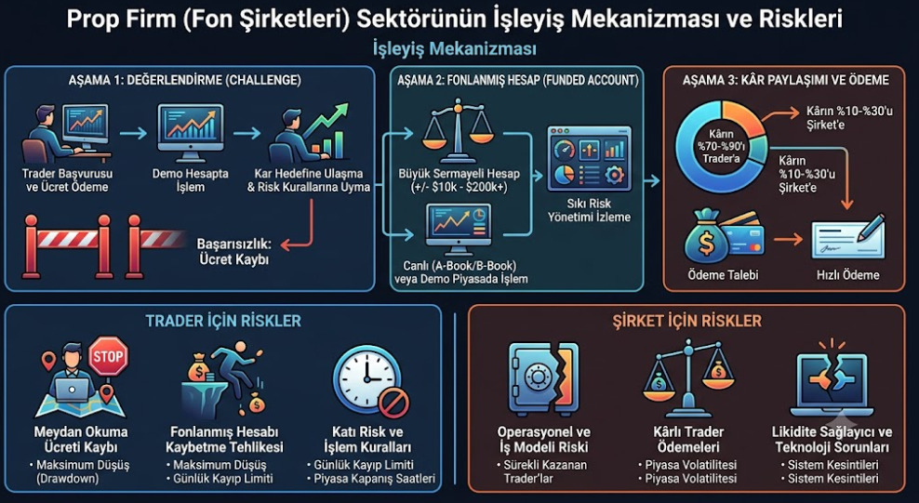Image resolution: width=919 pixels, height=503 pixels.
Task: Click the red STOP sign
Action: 108,356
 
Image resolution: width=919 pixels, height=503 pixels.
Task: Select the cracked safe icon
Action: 543,378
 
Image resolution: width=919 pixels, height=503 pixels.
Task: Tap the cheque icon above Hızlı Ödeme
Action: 848,236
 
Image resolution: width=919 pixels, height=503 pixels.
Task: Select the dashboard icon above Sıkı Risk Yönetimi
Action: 589,159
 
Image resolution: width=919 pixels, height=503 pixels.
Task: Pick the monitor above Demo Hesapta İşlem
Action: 191,133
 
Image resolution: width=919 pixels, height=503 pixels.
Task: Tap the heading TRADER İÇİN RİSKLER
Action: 223,321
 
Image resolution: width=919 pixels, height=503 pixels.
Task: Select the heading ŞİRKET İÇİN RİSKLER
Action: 686,321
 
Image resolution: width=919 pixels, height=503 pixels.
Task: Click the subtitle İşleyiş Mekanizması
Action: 454,48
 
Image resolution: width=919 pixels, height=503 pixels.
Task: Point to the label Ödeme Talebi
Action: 723,274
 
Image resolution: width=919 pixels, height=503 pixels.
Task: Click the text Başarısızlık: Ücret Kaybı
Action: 233,251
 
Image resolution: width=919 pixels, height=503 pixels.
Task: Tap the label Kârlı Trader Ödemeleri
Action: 688,440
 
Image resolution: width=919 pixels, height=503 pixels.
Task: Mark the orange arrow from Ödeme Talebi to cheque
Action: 788,240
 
